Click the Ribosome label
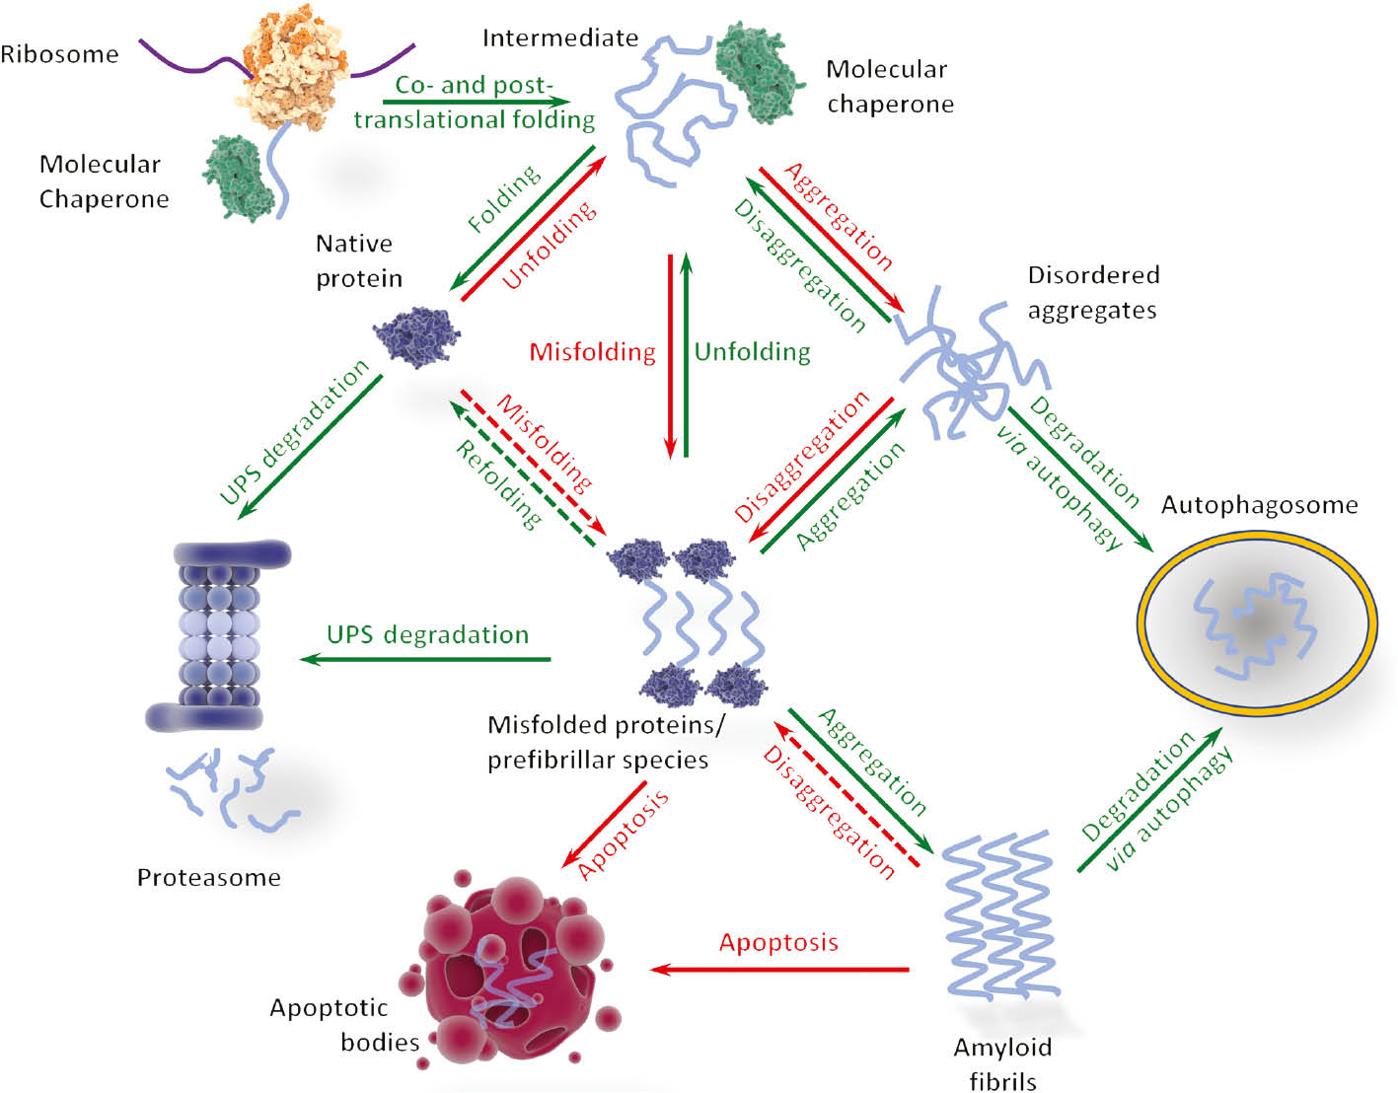click(59, 54)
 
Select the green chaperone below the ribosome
click(238, 178)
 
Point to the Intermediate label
click(559, 38)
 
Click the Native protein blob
click(416, 336)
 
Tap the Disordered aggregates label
click(1092, 292)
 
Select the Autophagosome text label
click(1259, 505)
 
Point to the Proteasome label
click(208, 877)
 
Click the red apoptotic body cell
click(508, 967)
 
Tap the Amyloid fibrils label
click(1002, 1063)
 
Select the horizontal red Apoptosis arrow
click(779, 969)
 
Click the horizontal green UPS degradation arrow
click(425, 658)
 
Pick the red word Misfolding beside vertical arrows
click(592, 352)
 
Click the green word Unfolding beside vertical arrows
click(752, 352)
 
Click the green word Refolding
click(498, 484)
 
